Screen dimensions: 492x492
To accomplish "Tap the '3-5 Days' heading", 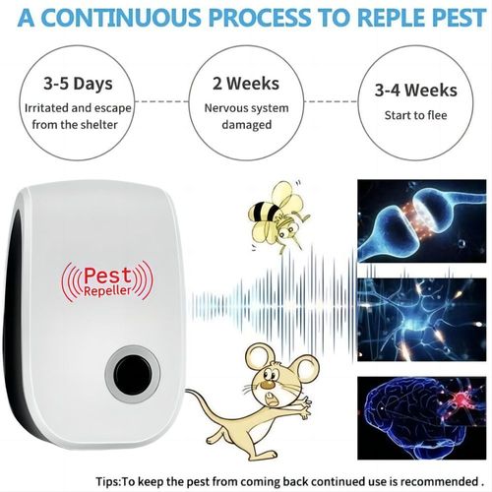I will click(x=71, y=86).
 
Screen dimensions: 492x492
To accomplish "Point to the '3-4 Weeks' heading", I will click(x=415, y=90).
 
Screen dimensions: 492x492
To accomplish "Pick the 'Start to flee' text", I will click(x=414, y=115).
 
